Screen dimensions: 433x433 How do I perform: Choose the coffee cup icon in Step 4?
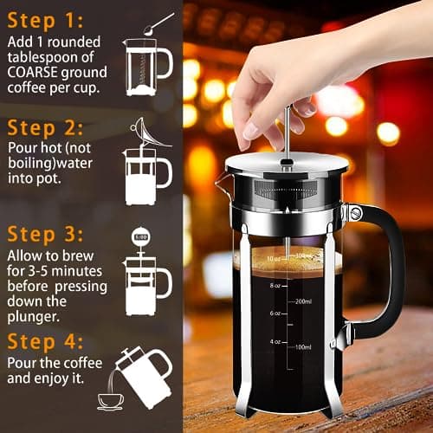(110, 400)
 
